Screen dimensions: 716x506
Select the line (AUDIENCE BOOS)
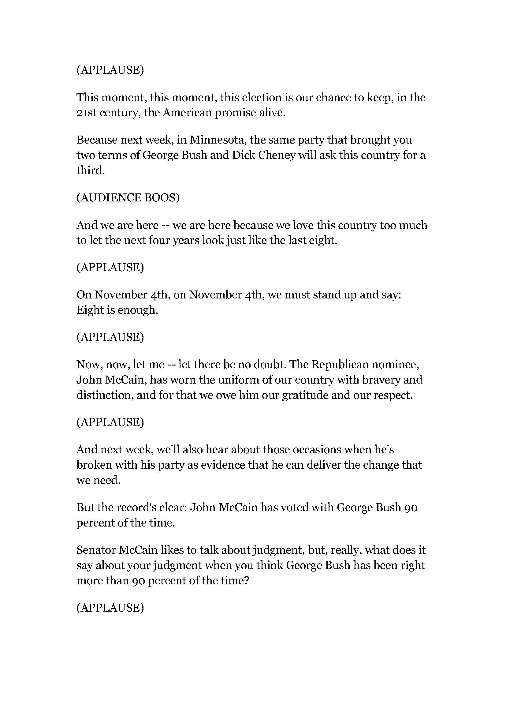128,198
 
